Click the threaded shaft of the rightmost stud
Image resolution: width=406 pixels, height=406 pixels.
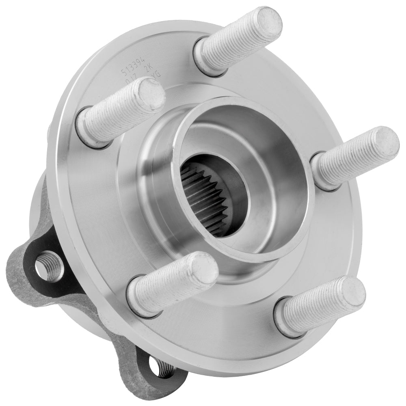(x=349, y=158)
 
